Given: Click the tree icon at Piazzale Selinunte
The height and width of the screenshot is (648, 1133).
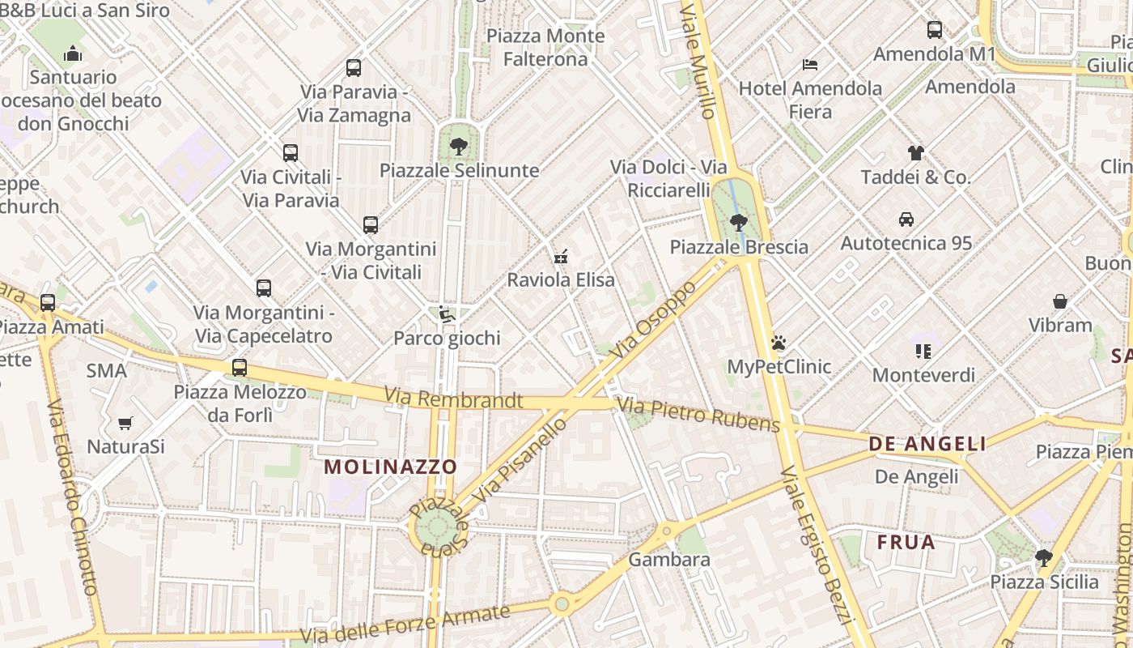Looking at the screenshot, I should tap(458, 147).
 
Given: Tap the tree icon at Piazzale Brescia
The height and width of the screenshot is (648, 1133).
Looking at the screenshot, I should tap(738, 222).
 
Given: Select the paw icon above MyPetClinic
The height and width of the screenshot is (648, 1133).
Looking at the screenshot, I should tap(779, 343).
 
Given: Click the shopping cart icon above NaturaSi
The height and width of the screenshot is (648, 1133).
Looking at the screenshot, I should tap(125, 423).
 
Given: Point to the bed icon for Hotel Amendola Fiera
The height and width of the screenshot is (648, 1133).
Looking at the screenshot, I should tap(810, 65).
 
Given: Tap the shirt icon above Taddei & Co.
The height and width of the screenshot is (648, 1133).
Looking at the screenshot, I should tap(915, 152).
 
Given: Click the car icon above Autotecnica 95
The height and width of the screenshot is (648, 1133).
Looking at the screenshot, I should tap(906, 220).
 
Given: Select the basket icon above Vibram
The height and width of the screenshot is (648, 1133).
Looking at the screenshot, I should tap(1059, 301).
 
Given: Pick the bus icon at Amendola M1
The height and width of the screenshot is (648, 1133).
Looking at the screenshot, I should tap(935, 30).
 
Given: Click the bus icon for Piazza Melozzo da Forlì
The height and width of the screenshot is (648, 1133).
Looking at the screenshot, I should tap(240, 368).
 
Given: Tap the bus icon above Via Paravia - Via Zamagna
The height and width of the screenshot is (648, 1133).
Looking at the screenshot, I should tap(354, 68).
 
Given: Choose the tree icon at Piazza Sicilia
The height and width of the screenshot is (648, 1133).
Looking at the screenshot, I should tap(1044, 558).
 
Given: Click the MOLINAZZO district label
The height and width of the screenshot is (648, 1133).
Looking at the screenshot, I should tap(391, 467).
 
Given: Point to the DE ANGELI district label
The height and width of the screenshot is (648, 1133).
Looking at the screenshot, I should tap(927, 444).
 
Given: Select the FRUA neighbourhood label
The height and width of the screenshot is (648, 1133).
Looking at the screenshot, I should tap(906, 543).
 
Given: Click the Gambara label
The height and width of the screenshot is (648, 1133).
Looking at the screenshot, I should tap(669, 560).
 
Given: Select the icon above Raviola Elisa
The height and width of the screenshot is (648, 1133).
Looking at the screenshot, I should tap(560, 258).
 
